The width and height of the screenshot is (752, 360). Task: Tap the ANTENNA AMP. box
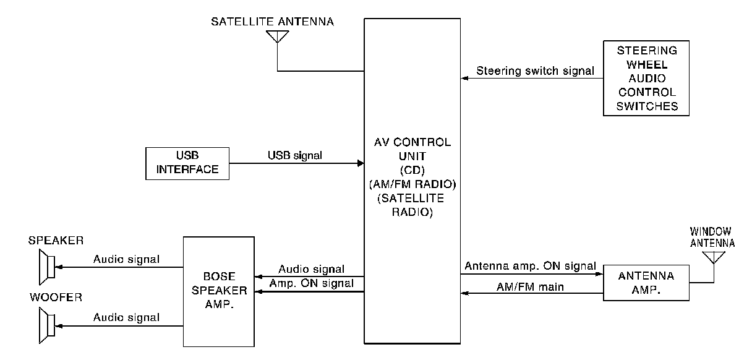[x=646, y=283]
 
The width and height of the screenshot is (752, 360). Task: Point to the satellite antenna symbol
[x=278, y=37]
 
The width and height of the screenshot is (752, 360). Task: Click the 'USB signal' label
[x=295, y=156]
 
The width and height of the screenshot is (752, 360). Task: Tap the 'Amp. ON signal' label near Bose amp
[x=312, y=284]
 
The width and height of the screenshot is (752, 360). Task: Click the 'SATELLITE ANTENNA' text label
[x=272, y=22]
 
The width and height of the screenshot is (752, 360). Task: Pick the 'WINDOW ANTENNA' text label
[x=712, y=237]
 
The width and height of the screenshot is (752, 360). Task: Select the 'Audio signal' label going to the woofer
[x=126, y=317]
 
